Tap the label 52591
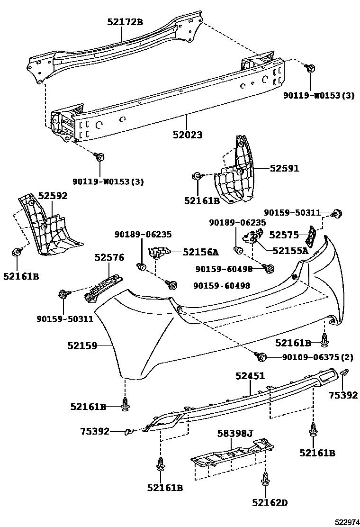[285, 168]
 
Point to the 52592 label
[53, 196]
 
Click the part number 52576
[109, 257]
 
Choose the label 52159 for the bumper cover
[81, 346]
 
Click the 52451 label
[250, 376]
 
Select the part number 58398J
[235, 433]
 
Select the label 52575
[284, 235]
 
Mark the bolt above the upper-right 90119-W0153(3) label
[311, 69]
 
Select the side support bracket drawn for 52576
[101, 287]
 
